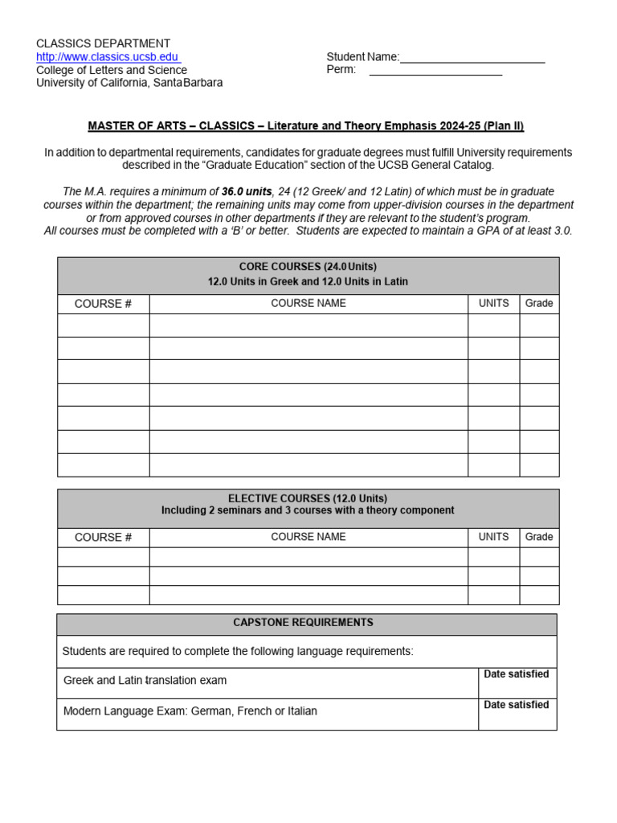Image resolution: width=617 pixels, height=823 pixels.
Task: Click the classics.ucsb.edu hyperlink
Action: coord(108,56)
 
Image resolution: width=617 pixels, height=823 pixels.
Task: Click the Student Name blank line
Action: coord(472,58)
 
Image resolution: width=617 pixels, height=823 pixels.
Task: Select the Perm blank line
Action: coord(435,71)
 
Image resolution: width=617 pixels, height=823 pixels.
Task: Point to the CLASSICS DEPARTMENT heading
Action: coord(103,43)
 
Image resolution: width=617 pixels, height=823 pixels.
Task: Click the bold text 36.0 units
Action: coord(247,191)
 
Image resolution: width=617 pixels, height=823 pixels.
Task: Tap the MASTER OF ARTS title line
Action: coord(305,126)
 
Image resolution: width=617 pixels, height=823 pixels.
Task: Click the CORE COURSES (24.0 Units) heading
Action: coord(308,267)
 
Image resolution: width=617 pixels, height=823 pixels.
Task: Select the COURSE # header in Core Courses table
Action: coord(103,304)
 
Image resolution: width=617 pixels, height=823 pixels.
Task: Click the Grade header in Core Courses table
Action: coord(539,303)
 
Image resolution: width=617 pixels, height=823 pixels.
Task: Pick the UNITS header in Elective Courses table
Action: coord(493,537)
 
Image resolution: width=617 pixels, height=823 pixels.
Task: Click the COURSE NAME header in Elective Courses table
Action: coord(308,537)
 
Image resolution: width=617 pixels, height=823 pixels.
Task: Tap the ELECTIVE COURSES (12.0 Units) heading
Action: coord(308,498)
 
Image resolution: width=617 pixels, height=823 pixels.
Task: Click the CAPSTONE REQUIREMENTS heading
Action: coord(303,623)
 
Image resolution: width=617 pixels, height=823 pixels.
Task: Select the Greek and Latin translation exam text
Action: coord(145,681)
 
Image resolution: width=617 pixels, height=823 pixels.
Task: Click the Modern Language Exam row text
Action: coord(190,711)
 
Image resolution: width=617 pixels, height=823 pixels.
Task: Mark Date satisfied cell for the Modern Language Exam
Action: coord(517,714)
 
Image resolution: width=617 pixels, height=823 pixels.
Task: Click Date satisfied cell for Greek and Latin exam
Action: coord(517,682)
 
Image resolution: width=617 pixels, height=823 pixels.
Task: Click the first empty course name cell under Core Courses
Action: coord(308,326)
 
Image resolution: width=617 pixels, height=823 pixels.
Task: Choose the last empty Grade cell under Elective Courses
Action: coord(539,595)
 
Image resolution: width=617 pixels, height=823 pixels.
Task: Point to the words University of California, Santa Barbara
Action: coord(129,83)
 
